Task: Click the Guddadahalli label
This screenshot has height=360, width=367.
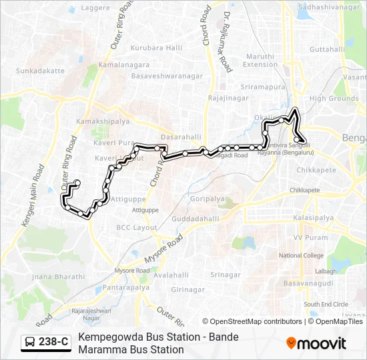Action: point(195,219)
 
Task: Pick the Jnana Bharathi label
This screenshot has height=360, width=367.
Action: point(58,277)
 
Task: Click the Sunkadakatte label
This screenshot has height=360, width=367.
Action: point(41,70)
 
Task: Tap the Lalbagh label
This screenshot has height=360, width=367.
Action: point(326,271)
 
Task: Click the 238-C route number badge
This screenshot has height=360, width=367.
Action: point(46,343)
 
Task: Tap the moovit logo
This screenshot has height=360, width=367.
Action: point(316,343)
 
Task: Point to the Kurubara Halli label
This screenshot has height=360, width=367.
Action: point(156,48)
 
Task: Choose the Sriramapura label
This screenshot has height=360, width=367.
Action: point(264,87)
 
